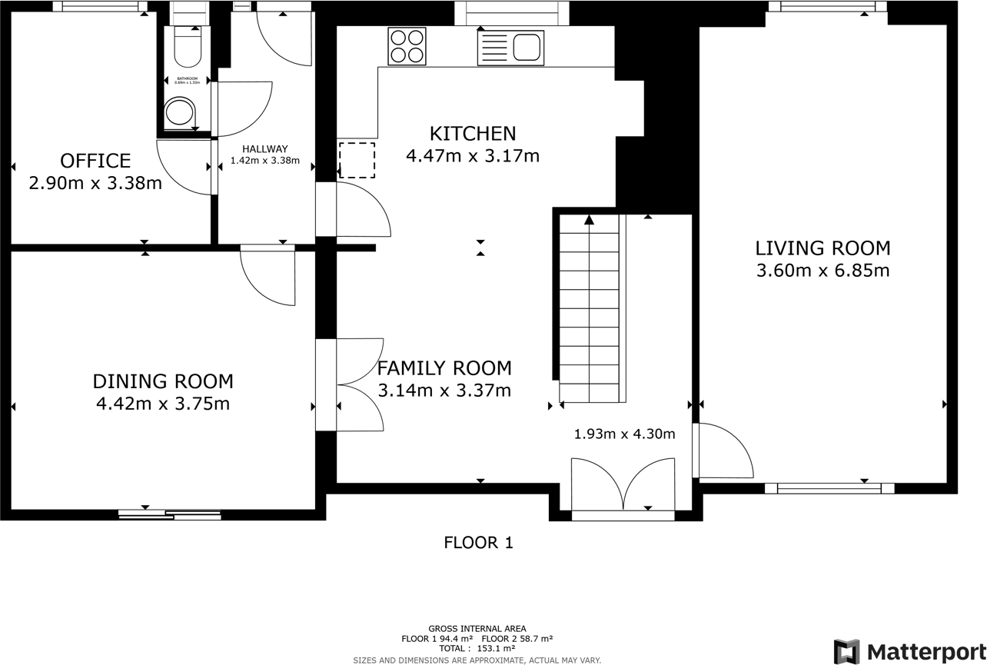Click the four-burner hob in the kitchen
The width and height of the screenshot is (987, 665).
(407, 46)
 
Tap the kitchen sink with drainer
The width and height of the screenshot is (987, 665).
(510, 48)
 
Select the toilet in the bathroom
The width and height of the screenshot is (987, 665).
(188, 48)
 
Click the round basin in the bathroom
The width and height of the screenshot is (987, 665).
(181, 112)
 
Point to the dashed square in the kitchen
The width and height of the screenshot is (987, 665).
(357, 160)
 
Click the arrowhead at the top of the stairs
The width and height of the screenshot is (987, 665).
(589, 220)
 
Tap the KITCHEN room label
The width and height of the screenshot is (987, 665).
(472, 134)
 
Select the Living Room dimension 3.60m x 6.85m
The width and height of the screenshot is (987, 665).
(822, 271)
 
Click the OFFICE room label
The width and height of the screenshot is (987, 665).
(95, 161)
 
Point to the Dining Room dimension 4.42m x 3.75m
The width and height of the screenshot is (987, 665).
(162, 404)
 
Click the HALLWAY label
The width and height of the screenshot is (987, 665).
(264, 149)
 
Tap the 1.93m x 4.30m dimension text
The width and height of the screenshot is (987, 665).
(624, 434)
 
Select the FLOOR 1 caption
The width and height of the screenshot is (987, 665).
(478, 543)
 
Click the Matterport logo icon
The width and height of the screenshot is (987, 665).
(846, 651)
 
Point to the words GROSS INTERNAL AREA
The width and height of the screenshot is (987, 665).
(477, 629)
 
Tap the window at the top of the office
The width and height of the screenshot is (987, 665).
(100, 7)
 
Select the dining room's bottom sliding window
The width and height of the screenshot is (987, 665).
(170, 514)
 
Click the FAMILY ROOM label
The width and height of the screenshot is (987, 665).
(444, 367)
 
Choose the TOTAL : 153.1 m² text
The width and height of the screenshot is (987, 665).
(477, 648)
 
